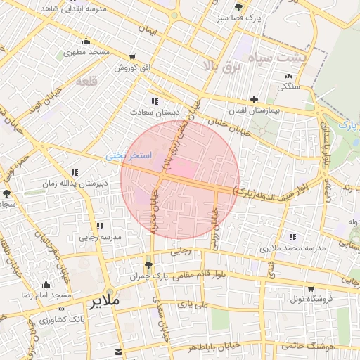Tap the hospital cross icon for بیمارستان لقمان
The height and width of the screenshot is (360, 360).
(254, 99)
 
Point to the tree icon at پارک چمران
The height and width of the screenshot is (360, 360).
(148, 265)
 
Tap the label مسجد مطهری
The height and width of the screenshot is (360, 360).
(86, 52)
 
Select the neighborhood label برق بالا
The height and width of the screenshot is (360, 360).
(221, 67)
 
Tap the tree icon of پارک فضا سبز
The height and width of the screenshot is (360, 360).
(238, 7)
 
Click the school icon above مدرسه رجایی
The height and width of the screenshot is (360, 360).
(99, 226)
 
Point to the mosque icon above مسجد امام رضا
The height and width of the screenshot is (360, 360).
(46, 284)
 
